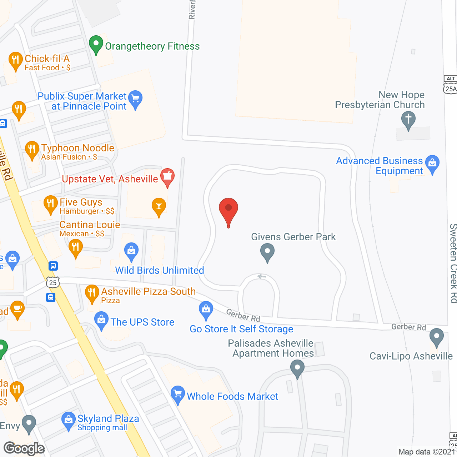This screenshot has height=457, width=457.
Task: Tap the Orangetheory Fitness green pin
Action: tap(96, 44)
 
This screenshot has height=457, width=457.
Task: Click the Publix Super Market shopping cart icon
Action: tap(135, 99)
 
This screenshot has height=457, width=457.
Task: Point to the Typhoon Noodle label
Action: tap(77, 148)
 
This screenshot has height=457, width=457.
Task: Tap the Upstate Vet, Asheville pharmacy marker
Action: tap(167, 177)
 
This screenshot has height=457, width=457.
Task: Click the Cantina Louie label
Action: tap(90, 225)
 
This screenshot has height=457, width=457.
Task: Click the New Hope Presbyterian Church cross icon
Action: tap(408, 119)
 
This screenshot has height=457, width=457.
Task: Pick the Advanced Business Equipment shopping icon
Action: tap(432, 164)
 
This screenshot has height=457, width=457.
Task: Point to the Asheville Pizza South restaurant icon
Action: tap(92, 293)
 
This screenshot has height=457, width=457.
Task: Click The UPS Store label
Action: tap(142, 322)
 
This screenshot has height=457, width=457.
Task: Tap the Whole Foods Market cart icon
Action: tap(177, 394)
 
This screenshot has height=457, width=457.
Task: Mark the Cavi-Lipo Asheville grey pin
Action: tap(436, 337)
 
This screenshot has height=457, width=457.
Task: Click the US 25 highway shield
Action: tap(53, 282)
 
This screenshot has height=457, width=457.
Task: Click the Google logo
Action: tap(24, 448)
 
